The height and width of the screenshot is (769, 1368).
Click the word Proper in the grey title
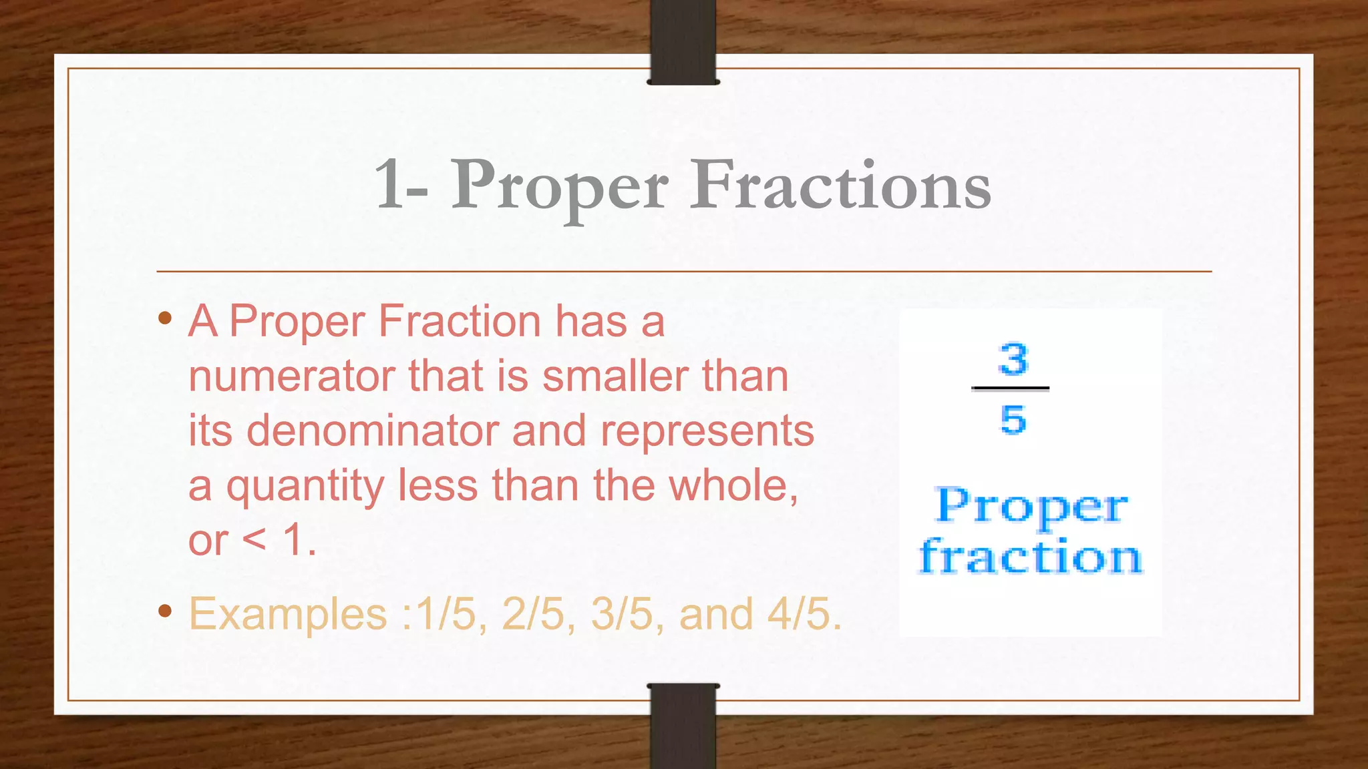(x=560, y=187)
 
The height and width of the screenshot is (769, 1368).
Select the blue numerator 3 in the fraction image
(x=1013, y=359)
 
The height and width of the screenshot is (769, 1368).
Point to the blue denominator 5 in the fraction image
(x=1013, y=420)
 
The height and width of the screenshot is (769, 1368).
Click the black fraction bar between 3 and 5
(x=1011, y=388)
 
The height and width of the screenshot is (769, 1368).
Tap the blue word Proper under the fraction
(x=1032, y=507)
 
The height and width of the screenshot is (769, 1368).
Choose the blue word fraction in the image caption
(x=1031, y=557)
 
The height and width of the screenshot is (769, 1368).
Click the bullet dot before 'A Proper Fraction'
(x=165, y=318)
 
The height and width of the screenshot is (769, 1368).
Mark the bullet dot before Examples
(x=165, y=611)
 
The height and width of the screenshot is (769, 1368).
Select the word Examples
(x=288, y=613)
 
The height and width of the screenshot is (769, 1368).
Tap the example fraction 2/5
(x=533, y=613)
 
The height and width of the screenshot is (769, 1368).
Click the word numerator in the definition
(x=291, y=376)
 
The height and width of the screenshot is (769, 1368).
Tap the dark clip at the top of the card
(x=683, y=41)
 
